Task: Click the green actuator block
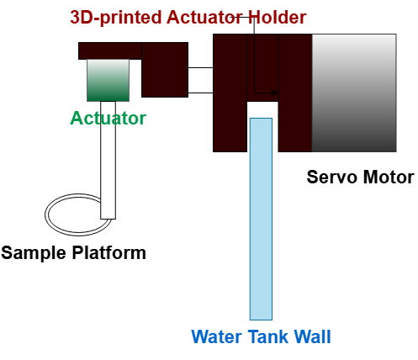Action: [x=108, y=80]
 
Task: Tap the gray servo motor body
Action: [x=354, y=93]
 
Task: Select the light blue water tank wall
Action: [x=261, y=219]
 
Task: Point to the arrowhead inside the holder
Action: [x=274, y=93]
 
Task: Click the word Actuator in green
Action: [x=108, y=118]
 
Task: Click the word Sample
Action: [x=34, y=252]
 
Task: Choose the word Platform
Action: [x=109, y=252]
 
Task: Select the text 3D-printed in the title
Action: [x=116, y=18]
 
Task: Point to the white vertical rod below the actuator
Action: [x=108, y=160]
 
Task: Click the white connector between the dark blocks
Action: [x=200, y=80]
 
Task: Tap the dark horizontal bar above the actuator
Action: [x=110, y=50]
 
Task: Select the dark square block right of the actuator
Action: [x=165, y=70]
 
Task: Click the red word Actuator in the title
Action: [x=205, y=17]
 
